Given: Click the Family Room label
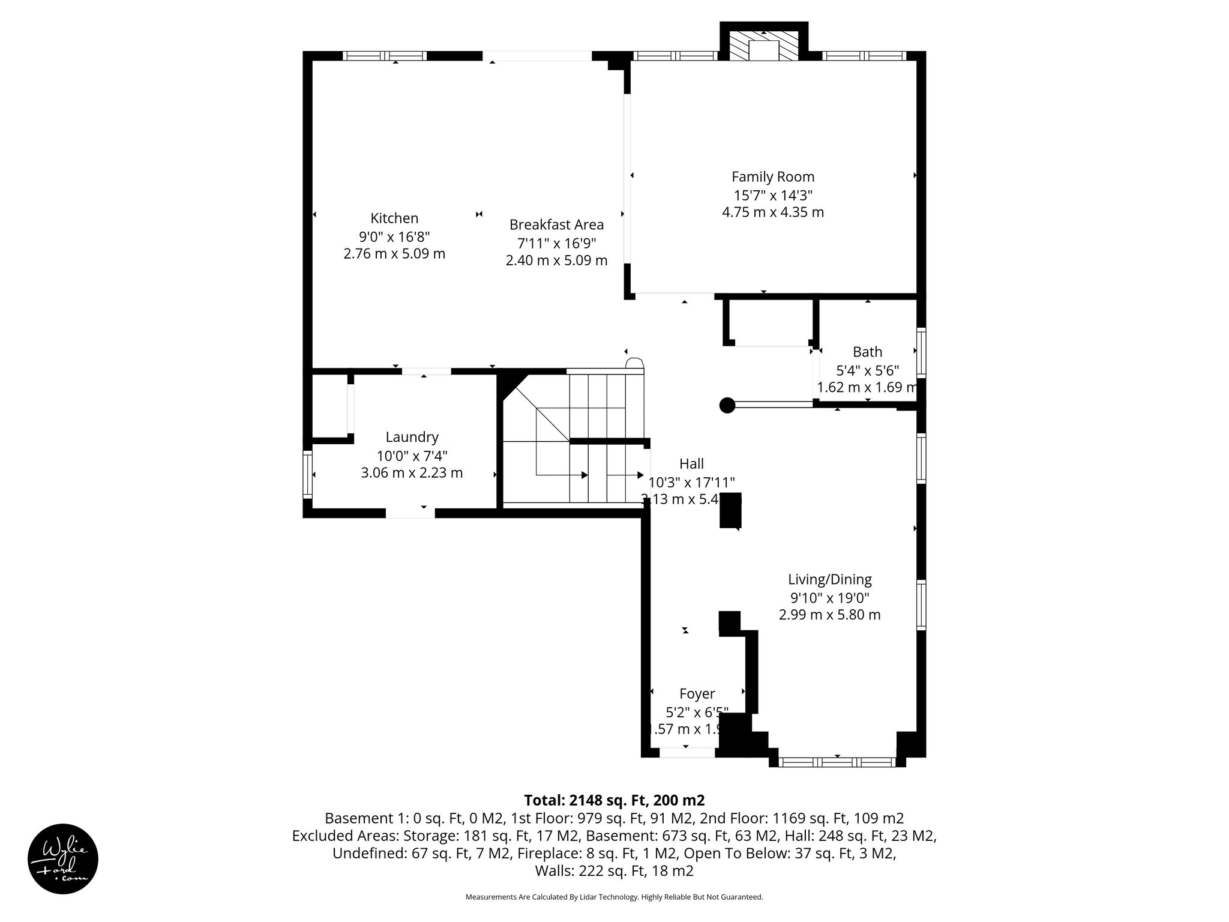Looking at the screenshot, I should click(x=773, y=177).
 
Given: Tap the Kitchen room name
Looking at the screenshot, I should click(x=394, y=218).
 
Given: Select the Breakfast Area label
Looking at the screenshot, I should click(x=556, y=224).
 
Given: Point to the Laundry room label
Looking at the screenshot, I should click(x=412, y=437).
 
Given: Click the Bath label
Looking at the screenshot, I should click(x=867, y=352).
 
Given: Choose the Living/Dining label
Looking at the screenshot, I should click(x=829, y=579).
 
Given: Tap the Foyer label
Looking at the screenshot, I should click(x=697, y=694).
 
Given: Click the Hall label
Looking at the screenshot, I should click(x=691, y=463).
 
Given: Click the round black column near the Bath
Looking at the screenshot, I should click(x=727, y=405).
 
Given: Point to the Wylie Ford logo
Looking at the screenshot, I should click(x=63, y=859).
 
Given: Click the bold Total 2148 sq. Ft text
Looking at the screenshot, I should click(x=614, y=800).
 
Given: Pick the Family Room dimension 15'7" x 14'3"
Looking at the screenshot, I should click(x=773, y=195).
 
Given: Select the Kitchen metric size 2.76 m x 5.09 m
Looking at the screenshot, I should click(x=394, y=254).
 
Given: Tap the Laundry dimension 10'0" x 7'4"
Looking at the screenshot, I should click(x=412, y=455).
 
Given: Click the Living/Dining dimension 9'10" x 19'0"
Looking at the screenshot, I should click(x=829, y=598).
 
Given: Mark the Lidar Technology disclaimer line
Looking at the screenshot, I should click(x=614, y=897).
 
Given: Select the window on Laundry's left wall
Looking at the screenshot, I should click(x=308, y=474).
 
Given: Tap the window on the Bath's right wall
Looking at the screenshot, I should click(x=921, y=352).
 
